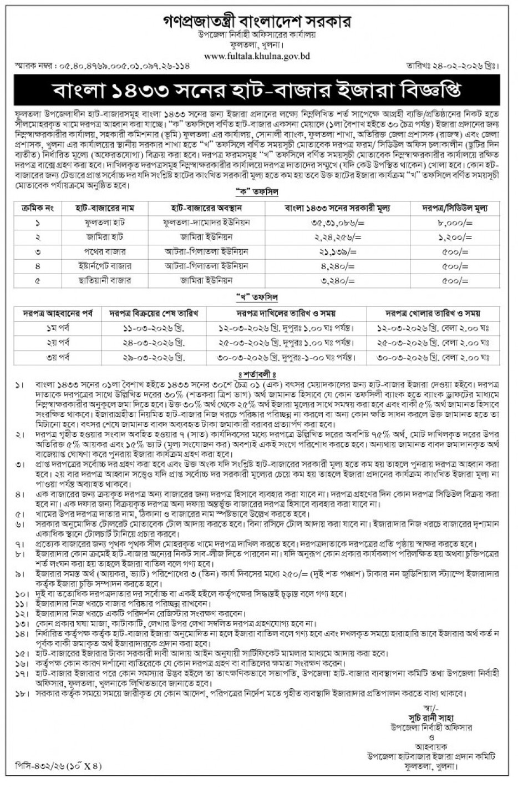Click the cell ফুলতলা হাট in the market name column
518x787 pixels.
[104, 223]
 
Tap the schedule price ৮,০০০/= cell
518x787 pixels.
[456, 223]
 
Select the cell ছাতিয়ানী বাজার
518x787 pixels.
[104, 280]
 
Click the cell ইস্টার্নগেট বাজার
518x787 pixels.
[104, 266]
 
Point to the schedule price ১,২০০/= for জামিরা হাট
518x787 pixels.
[456, 237]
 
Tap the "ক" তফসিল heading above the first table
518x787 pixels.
[258, 193]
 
